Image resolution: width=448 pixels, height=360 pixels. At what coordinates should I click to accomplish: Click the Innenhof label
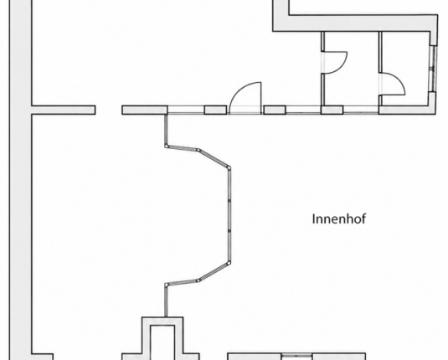pyautogui.click(x=339, y=219)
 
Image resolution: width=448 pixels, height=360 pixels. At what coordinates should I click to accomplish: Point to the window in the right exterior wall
pyautogui.click(x=434, y=69)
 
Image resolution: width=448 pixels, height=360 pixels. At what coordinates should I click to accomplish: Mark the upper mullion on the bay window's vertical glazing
pyautogui.click(x=229, y=201)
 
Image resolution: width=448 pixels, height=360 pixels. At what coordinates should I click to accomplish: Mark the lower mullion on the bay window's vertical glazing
pyautogui.click(x=229, y=230)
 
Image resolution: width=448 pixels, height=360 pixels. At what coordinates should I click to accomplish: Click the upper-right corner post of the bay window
pyautogui.click(x=229, y=167)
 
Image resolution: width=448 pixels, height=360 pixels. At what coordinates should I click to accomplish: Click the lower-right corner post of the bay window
pyautogui.click(x=229, y=263)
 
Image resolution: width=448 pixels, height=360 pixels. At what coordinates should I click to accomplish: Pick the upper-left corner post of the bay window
pyautogui.click(x=167, y=146)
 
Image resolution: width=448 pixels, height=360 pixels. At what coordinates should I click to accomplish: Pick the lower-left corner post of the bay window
pyautogui.click(x=167, y=285)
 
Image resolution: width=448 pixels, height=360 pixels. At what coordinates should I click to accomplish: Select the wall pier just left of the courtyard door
pyautogui.click(x=216, y=110)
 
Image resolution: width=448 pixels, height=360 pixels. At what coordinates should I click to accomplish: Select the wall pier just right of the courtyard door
pyautogui.click(x=275, y=110)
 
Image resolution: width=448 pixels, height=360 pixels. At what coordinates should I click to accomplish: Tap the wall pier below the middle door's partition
pyautogui.click(x=332, y=110)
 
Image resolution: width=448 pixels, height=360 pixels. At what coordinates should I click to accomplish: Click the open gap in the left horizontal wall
pyautogui.click(x=109, y=110)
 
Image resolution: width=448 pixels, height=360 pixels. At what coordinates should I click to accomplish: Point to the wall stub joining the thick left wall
pyautogui.click(x=63, y=110)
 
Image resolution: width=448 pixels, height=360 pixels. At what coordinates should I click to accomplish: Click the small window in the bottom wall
pyautogui.click(x=296, y=356)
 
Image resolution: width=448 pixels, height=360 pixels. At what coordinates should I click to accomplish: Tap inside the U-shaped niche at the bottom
pyautogui.click(x=162, y=342)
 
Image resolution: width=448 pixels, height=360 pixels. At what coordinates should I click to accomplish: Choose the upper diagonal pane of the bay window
pyautogui.click(x=214, y=158)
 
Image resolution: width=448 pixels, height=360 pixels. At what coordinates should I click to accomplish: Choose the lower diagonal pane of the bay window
pyautogui.click(x=214, y=272)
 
